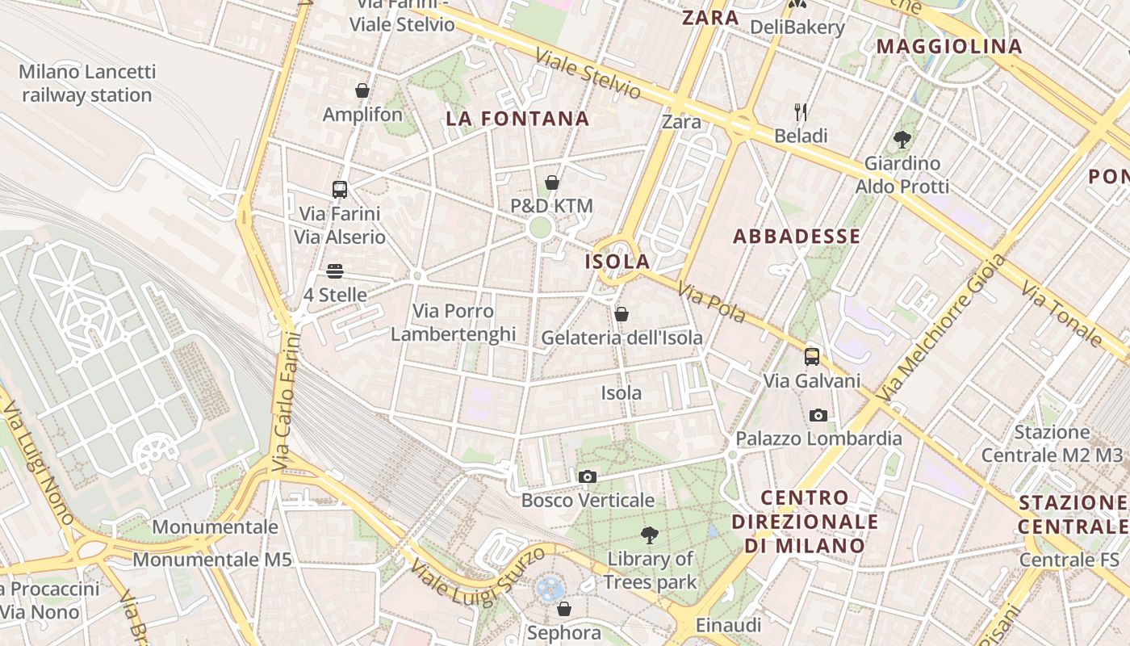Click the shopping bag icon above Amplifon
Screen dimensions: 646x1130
pyautogui.click(x=362, y=90)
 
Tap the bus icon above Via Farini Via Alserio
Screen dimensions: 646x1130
pyautogui.click(x=340, y=190)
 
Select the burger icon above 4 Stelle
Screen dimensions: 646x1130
pyautogui.click(x=335, y=271)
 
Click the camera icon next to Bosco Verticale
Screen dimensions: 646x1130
pyautogui.click(x=588, y=476)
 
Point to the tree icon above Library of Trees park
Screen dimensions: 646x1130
pyautogui.click(x=649, y=535)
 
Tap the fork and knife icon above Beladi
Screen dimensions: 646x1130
pyautogui.click(x=801, y=111)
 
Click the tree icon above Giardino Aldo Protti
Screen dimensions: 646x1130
pyautogui.click(x=902, y=140)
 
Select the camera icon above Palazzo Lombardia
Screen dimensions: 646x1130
pyautogui.click(x=818, y=415)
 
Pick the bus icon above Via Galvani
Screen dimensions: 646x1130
pyautogui.click(x=812, y=356)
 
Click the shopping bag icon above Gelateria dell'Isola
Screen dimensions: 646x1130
pyautogui.click(x=621, y=313)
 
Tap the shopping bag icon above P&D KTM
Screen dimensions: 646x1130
pyautogui.click(x=552, y=182)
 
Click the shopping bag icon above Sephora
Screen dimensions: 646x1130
pyautogui.click(x=564, y=609)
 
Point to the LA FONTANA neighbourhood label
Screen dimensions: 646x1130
pyautogui.click(x=517, y=120)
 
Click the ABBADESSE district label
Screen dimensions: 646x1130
pyautogui.click(x=797, y=237)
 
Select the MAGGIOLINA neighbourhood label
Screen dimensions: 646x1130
pyautogui.click(x=949, y=46)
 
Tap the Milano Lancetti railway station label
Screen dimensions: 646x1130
pyautogui.click(x=87, y=83)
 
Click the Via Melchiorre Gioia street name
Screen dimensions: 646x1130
pyautogui.click(x=943, y=329)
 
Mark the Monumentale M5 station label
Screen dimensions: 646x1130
pyautogui.click(x=211, y=559)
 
